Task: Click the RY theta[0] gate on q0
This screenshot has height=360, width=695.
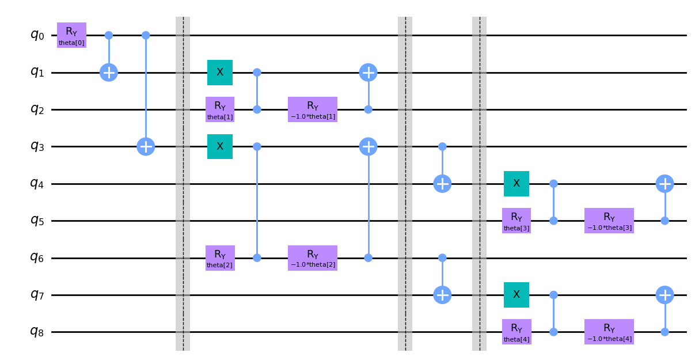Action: click(71, 35)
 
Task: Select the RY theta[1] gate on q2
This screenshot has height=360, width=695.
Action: click(220, 109)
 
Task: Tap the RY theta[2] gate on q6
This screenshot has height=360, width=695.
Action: click(220, 257)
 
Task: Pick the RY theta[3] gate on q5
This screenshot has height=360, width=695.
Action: click(516, 221)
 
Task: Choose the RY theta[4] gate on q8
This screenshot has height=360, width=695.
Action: click(516, 332)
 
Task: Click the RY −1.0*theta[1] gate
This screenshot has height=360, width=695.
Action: click(313, 109)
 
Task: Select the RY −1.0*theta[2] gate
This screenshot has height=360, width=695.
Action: click(313, 257)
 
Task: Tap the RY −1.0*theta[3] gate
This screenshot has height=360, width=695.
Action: click(609, 221)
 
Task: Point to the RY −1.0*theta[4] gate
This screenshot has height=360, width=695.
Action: click(609, 332)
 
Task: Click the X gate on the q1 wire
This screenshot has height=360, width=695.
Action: click(220, 73)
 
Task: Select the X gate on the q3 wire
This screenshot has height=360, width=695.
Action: click(220, 146)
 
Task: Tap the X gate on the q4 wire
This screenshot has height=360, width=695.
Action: click(516, 184)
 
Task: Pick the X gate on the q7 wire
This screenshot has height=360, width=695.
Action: click(516, 295)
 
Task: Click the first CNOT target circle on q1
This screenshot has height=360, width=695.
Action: click(109, 73)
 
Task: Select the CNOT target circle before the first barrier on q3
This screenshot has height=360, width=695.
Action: click(146, 146)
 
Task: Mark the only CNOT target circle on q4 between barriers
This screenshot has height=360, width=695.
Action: click(442, 184)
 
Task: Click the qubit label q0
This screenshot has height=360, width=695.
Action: click(37, 35)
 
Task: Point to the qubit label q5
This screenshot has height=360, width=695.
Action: click(37, 221)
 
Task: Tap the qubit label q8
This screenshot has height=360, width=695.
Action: click(37, 332)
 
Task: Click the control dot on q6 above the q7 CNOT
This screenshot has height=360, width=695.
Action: click(442, 257)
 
